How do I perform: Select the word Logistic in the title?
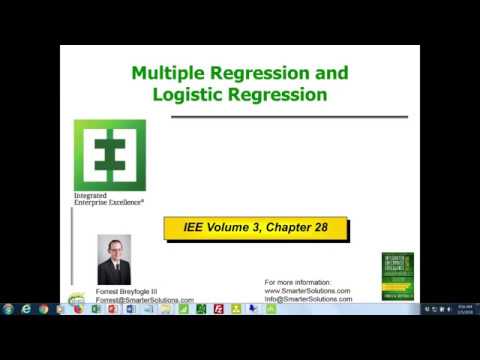tap(189, 95)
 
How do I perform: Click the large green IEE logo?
tap(109, 155)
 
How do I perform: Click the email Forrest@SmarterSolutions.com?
tap(145, 299)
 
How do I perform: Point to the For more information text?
tap(299, 283)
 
